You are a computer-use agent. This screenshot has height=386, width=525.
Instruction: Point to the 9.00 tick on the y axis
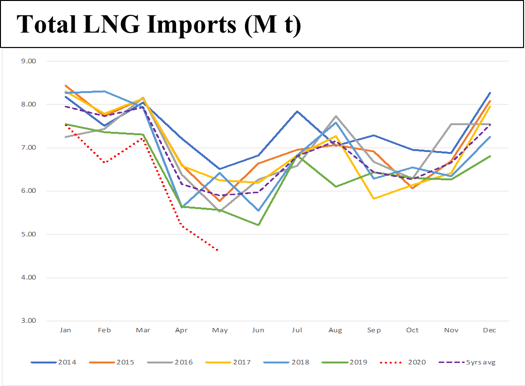[30, 61]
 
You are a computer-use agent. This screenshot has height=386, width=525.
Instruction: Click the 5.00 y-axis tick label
[30, 234]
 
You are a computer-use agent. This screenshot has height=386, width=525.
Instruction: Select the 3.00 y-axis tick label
[30, 321]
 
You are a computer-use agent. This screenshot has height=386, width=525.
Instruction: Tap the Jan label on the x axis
[66, 330]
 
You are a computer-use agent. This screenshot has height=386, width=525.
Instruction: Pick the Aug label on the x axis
[335, 330]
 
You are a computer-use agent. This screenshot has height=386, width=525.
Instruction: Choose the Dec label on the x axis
[490, 330]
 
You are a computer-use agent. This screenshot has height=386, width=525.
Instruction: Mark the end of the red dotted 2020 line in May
[219, 250]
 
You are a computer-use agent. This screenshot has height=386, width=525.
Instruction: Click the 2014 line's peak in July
[297, 111]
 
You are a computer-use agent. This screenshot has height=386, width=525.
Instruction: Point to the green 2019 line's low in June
[258, 225]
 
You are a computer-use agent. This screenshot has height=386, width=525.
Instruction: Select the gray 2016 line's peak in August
[336, 116]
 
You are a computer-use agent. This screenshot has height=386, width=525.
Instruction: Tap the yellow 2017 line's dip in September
[374, 199]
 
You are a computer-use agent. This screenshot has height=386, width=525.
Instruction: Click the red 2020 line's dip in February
[104, 163]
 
